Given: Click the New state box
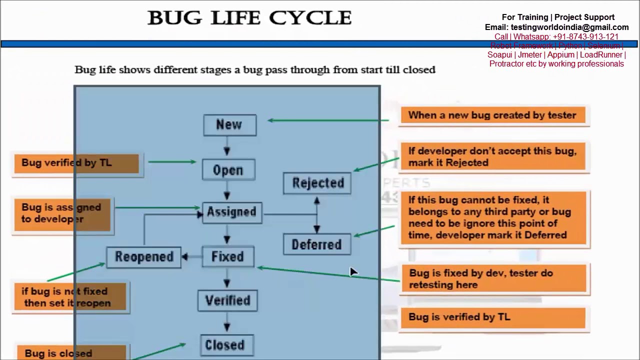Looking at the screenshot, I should coord(229,125).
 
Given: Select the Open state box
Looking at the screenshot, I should coord(228,170).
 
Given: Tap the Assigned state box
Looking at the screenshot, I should coord(231,212).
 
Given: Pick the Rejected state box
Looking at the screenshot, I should coord(317,183).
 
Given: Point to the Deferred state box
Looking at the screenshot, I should coord(316,244).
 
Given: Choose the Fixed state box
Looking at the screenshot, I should coord(227,256).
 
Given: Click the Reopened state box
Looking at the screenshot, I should coord(144,257).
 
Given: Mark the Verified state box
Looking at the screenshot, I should coord(227,300).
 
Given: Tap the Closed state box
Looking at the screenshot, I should coord(225,344).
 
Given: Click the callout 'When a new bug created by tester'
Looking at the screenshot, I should coord(492,115).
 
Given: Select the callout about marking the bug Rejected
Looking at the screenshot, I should coord(492,157).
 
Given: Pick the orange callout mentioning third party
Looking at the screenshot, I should coord(493,218).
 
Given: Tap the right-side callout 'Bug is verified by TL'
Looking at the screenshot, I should coord(492,317).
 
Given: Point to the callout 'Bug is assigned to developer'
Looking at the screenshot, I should coord(62,213).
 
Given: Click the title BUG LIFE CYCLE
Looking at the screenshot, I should coord(249,18).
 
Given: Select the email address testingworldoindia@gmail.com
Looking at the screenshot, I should coord(569,27).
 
